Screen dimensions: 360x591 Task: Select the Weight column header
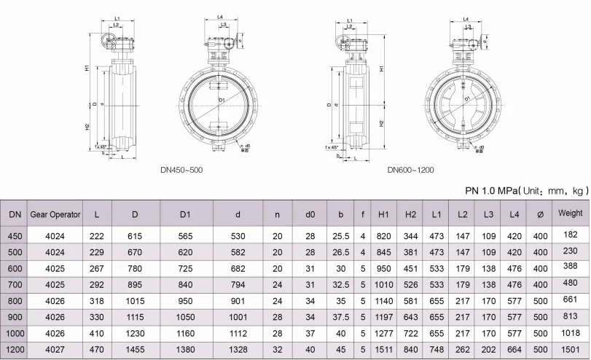(x=570, y=214)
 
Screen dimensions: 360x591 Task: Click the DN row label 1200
(x=15, y=350)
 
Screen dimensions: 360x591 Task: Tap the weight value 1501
(x=570, y=349)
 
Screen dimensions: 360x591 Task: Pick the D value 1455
(x=135, y=350)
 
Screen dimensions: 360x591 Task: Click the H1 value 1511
(x=385, y=350)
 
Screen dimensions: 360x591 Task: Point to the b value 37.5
(x=340, y=318)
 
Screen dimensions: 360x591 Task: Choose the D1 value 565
(x=185, y=236)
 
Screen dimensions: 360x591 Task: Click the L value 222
(x=96, y=236)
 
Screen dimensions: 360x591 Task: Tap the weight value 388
(x=570, y=267)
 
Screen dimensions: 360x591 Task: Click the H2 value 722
(x=411, y=334)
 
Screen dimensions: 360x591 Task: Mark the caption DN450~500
(x=181, y=170)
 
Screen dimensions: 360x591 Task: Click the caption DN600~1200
(x=410, y=170)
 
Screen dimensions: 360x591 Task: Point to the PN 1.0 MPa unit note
(x=526, y=190)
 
